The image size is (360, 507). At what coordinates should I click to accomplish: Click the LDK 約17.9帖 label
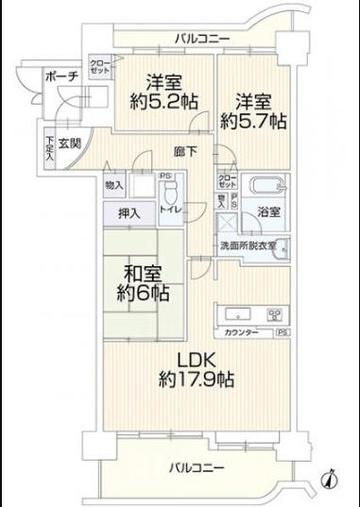point(197,371)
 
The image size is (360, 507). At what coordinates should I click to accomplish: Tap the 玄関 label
point(68,144)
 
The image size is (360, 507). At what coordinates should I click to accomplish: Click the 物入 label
point(114,186)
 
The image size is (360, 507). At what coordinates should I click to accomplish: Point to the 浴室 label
point(269,213)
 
